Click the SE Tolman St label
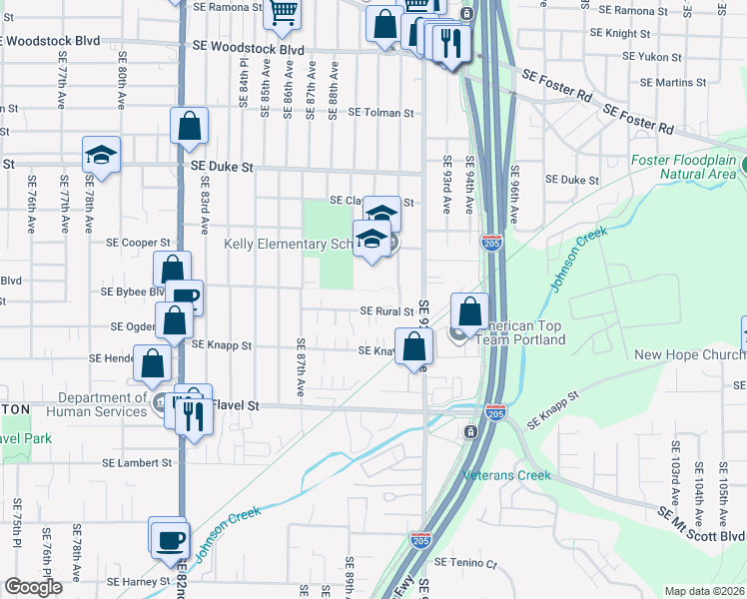[380, 113]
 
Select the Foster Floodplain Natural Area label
[684, 167]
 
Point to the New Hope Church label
[689, 354]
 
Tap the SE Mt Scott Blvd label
[702, 523]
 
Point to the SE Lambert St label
[138, 463]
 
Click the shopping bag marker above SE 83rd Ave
[189, 126]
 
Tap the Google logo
[33, 587]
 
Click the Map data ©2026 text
[704, 591]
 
